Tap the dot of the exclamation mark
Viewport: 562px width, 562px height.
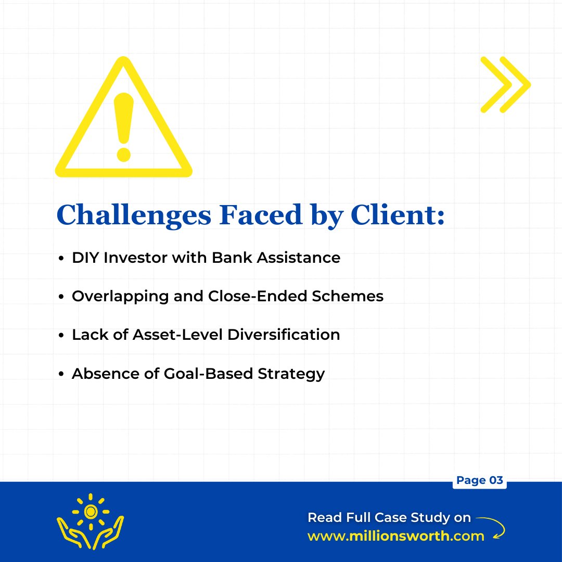(x=124, y=154)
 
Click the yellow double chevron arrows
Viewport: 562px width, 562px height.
(x=504, y=84)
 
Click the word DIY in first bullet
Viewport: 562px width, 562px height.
(x=85, y=258)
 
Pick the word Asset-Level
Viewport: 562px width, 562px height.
(x=162, y=335)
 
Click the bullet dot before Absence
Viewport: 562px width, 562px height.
(x=61, y=374)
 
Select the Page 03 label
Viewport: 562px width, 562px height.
(x=479, y=480)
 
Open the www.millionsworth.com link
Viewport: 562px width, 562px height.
(x=396, y=536)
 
